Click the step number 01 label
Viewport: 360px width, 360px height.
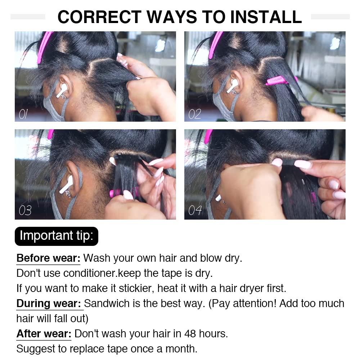(23, 114)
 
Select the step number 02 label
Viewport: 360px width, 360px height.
(194, 114)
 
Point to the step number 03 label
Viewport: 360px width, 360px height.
(25, 210)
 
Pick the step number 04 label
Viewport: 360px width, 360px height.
(195, 210)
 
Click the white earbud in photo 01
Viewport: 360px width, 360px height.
(62, 90)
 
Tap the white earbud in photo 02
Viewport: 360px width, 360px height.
(232, 85)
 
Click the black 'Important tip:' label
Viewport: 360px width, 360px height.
(56, 236)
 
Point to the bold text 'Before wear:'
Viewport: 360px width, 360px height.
(49, 258)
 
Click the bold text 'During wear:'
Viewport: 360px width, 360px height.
(49, 303)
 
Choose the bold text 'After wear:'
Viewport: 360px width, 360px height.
(44, 333)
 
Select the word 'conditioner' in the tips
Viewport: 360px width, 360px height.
(90, 273)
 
